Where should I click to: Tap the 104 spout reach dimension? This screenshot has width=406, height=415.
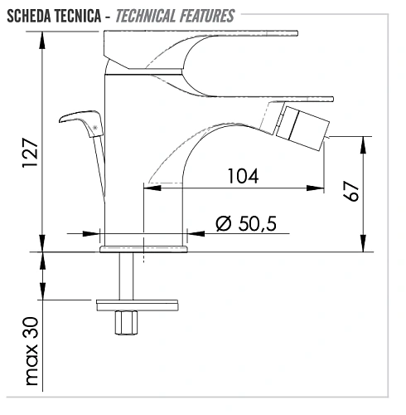point(242,175)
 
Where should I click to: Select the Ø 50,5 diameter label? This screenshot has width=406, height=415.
point(245,222)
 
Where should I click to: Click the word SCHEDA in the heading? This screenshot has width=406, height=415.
point(31,14)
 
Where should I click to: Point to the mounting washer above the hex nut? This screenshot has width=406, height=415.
point(138,303)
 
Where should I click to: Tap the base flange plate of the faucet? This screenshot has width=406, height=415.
point(143,247)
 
